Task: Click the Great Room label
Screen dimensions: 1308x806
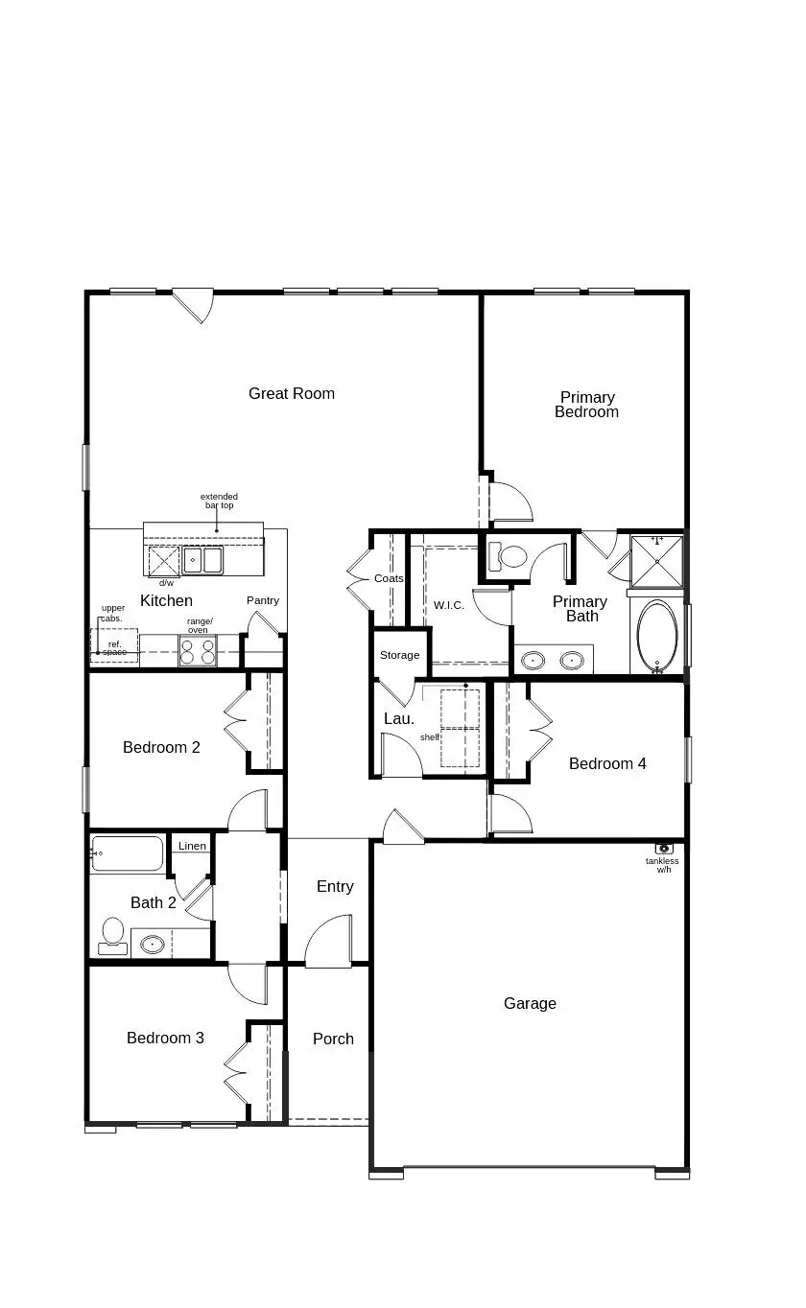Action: pos(291,393)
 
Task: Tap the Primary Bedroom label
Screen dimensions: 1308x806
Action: pos(586,405)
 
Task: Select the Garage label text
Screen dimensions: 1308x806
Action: pos(530,1003)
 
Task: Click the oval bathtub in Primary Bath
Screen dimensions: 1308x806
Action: pos(657,634)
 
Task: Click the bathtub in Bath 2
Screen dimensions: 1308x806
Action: pos(128,853)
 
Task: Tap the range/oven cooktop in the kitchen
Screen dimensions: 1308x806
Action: pos(198,651)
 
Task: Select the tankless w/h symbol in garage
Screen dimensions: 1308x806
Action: pos(664,849)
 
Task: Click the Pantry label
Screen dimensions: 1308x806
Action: pos(262,600)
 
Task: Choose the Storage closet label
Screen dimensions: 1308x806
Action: pos(399,655)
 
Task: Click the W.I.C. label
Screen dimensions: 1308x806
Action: pos(448,605)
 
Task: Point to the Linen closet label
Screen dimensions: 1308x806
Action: pos(192,846)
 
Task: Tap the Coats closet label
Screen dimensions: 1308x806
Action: pos(389,578)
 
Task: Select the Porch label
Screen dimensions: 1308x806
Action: pos(333,1039)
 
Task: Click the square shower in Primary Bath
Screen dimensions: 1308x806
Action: pos(656,560)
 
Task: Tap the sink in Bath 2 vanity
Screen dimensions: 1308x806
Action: pos(153,944)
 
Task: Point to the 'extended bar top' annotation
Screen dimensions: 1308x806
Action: pos(219,501)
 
